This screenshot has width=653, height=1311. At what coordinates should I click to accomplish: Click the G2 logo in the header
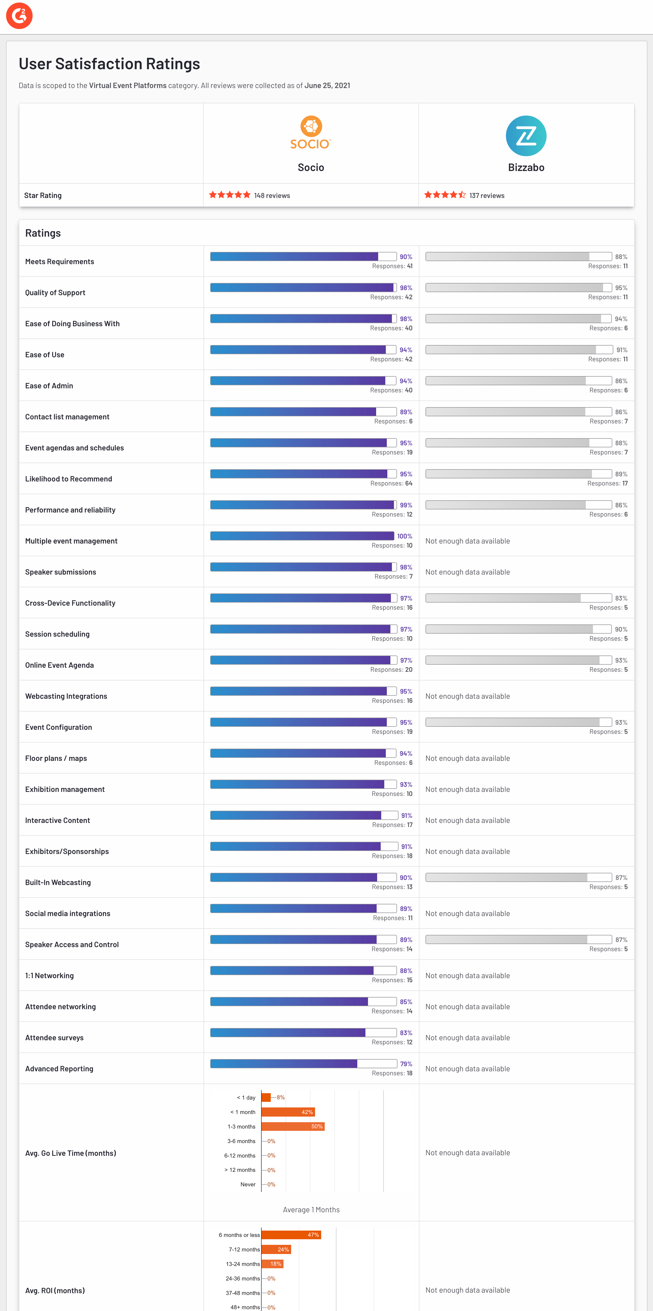[19, 16]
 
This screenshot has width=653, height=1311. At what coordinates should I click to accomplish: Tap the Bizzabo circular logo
[526, 136]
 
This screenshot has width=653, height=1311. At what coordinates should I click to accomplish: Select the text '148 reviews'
[272, 195]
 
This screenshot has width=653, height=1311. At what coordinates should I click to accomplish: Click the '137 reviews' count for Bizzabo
[487, 195]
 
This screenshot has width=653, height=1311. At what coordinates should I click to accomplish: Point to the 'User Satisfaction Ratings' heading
[109, 64]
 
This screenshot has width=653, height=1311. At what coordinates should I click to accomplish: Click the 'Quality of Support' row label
[55, 293]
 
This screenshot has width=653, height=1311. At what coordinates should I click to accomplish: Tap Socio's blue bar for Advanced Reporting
[283, 1064]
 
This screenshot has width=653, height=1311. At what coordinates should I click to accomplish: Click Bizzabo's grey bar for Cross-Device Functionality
[503, 598]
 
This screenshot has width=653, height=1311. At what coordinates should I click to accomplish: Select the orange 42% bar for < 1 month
[288, 1112]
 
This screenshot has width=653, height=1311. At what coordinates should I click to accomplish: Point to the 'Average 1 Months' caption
[311, 1210]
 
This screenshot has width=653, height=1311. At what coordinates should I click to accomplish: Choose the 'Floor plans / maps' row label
[56, 758]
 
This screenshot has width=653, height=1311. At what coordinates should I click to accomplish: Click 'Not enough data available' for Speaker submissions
[467, 572]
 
